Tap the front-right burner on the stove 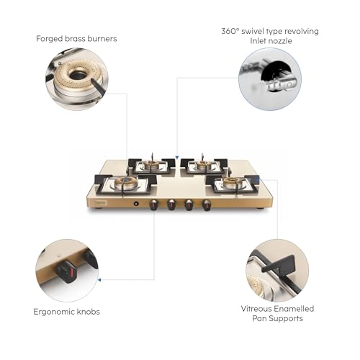(x=232, y=184)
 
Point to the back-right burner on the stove (x=204, y=166)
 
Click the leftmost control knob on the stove (x=153, y=204)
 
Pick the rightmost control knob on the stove (x=207, y=204)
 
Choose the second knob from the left (x=171, y=204)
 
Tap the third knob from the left (x=189, y=204)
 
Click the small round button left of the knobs (x=135, y=204)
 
